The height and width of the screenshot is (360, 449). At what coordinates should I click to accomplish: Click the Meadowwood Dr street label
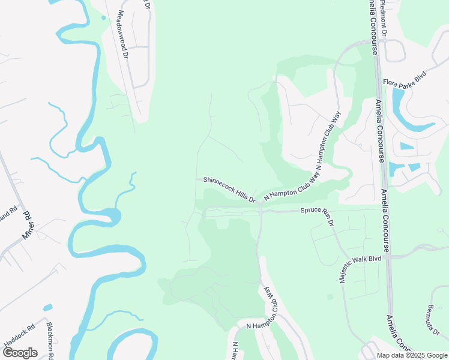click(124, 34)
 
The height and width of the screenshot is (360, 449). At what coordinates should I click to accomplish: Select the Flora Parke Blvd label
click(405, 78)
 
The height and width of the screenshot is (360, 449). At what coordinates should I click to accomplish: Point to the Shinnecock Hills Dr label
click(229, 189)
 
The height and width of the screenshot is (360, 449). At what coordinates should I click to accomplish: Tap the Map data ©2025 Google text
click(411, 355)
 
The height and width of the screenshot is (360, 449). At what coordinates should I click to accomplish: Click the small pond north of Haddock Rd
click(48, 308)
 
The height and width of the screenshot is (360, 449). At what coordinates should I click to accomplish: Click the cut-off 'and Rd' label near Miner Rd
click(8, 215)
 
